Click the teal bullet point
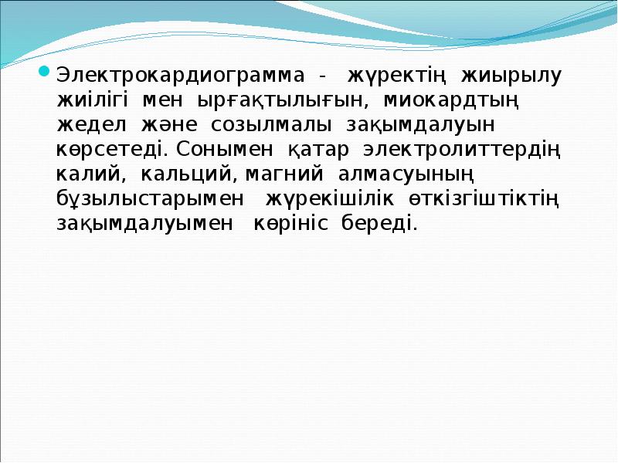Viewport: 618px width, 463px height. (x=44, y=75)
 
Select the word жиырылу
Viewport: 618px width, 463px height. (x=512, y=77)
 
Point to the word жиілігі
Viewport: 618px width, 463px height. (x=95, y=101)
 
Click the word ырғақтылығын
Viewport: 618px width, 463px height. (x=285, y=101)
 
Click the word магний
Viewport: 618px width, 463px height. (x=277, y=174)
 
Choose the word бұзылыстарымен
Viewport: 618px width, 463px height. (x=151, y=198)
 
